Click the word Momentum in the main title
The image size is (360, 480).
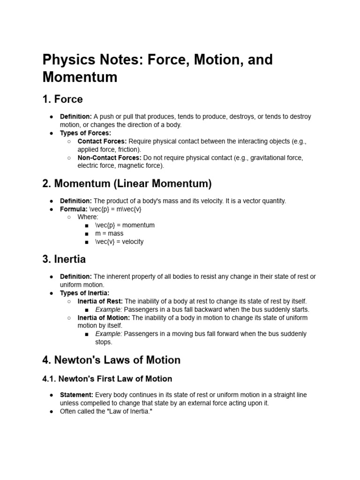coord(80,76)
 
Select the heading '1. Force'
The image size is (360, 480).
coord(62,99)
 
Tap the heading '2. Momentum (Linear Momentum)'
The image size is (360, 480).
coord(127,183)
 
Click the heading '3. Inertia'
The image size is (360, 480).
coord(64,259)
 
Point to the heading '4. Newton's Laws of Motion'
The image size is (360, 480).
coord(111,360)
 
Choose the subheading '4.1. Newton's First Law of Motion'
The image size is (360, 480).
coord(107,379)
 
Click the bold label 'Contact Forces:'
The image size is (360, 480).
coord(102,141)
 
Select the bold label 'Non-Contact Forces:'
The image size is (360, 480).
coord(109,157)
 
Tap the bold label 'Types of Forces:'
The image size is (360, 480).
coord(85,133)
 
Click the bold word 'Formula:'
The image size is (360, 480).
coord(74,209)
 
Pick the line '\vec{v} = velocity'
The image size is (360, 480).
coord(119,242)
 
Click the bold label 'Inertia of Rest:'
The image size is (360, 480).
coord(100,301)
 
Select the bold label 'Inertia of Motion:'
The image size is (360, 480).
coord(104,318)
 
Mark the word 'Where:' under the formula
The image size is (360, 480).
coord(88,217)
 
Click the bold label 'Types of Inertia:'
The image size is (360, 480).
coord(85,293)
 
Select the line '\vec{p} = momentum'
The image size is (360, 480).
coord(125,225)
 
